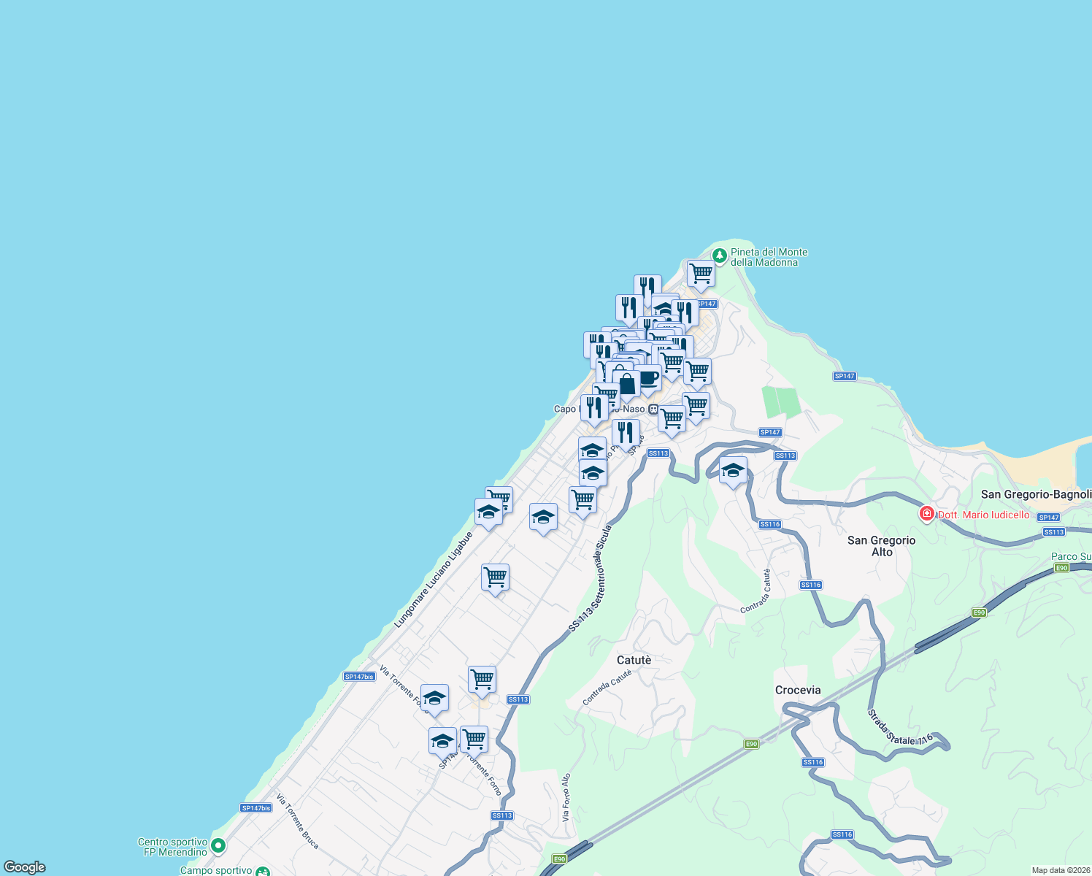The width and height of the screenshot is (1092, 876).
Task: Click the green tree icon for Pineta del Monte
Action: pos(719,255)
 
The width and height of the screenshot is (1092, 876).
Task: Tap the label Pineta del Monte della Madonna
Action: pos(769,257)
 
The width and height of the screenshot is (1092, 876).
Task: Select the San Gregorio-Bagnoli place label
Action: pos(1035,494)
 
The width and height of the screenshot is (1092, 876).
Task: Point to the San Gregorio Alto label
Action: pos(881,546)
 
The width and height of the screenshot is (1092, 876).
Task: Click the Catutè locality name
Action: pos(634,660)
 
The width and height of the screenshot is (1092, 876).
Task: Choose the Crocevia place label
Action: pos(798,690)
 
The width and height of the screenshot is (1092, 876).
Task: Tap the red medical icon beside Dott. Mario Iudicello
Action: pos(927,514)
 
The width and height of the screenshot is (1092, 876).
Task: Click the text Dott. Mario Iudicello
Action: pos(983,515)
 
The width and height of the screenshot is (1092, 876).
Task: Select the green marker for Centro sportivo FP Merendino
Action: pos(218,846)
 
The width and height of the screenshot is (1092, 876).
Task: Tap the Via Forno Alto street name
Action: pos(566,797)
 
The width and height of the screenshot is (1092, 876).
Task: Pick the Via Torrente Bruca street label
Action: pos(297,821)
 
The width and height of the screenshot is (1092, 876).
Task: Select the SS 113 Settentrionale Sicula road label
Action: pos(591,578)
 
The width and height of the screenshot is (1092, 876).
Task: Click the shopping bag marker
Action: pos(626,383)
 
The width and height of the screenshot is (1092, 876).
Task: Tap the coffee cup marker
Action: pos(648,378)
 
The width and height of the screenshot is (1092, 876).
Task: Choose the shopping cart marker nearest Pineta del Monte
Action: pos(701,274)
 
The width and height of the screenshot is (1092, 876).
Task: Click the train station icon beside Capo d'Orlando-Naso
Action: pos(653,410)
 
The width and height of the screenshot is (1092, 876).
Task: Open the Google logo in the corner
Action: pos(25,867)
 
